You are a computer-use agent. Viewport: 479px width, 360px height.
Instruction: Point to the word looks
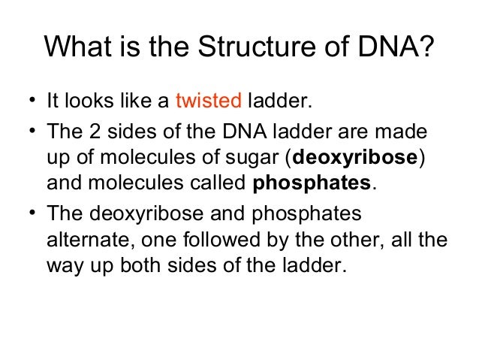(x=92, y=101)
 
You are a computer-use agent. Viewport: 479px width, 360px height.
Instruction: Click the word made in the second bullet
(x=405, y=132)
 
